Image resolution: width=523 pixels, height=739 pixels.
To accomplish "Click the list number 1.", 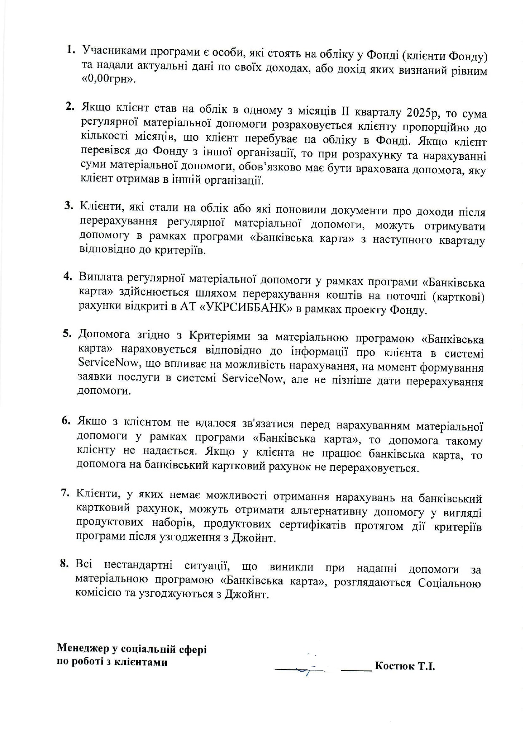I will [70, 49].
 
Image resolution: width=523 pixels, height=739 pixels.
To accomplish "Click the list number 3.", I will [69, 205].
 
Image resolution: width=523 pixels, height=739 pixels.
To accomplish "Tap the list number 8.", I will [64, 563].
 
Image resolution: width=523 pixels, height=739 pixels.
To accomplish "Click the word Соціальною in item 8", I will [449, 583].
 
